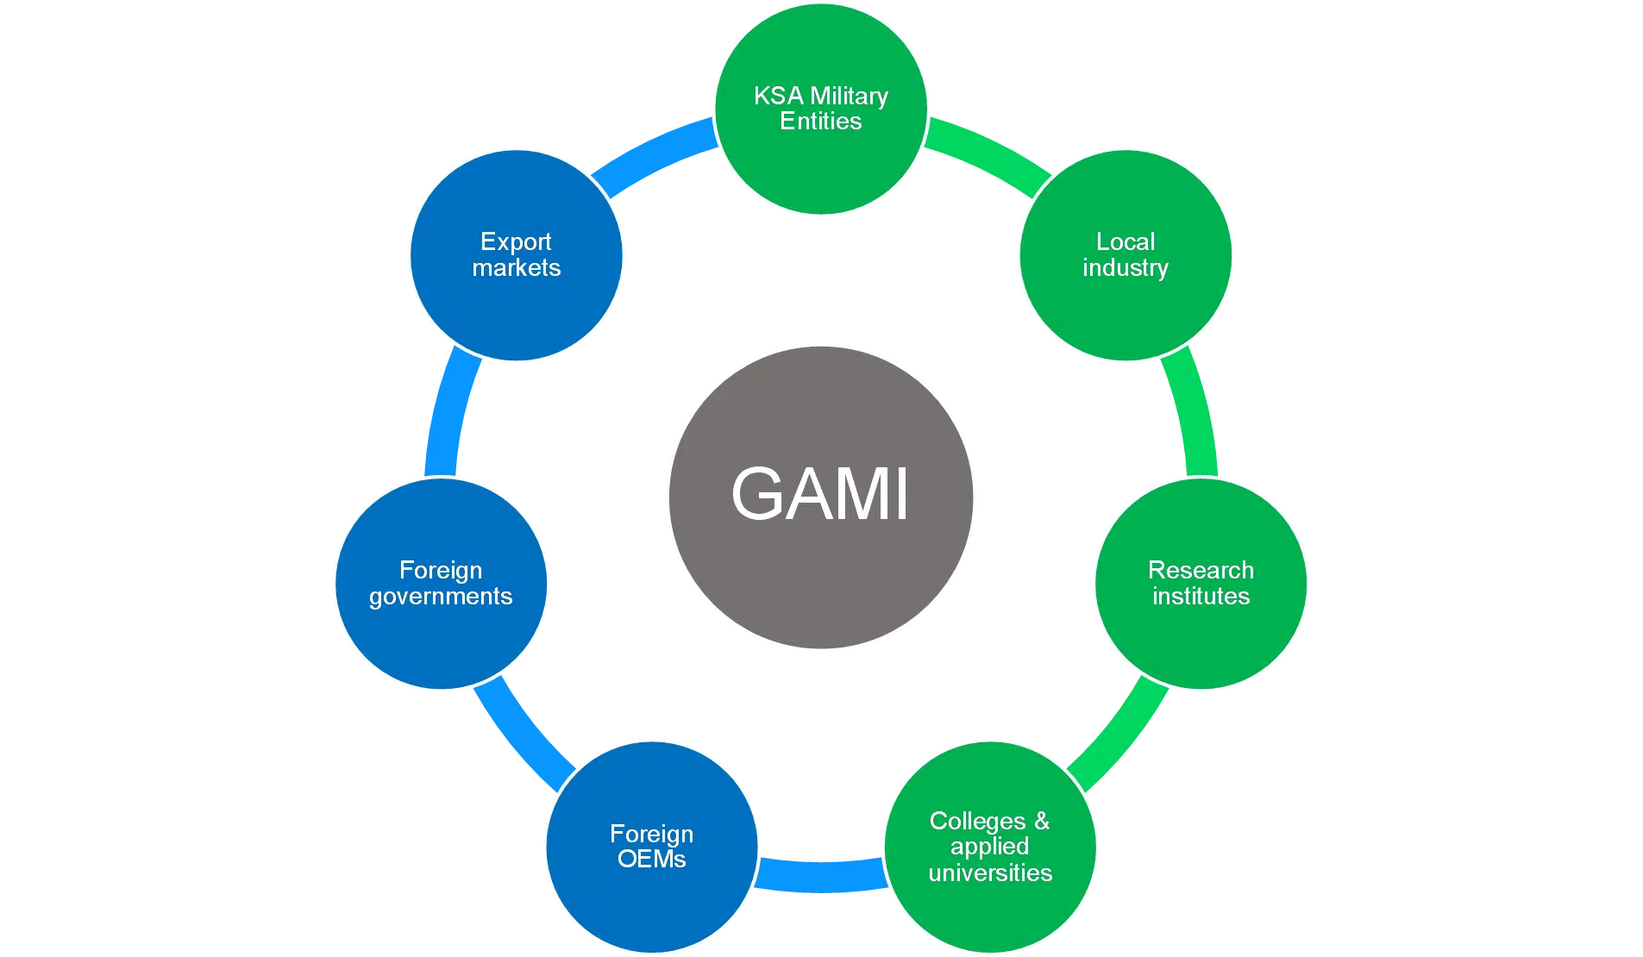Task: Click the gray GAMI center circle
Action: (x=821, y=497)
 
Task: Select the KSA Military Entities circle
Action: (x=821, y=109)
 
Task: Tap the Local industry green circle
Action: (x=1126, y=255)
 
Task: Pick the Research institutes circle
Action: (x=1201, y=584)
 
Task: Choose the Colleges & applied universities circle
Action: (x=990, y=847)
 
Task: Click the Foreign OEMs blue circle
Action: (x=652, y=847)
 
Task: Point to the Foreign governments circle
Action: (x=441, y=584)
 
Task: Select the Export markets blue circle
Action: (x=516, y=255)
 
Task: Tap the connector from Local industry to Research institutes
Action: (x=1195, y=414)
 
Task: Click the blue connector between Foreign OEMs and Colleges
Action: (x=821, y=874)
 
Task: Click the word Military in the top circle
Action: (x=849, y=96)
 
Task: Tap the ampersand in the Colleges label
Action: (x=1042, y=821)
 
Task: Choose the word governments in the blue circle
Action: (x=441, y=597)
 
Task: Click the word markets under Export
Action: (x=516, y=268)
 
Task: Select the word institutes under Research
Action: (x=1201, y=597)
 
